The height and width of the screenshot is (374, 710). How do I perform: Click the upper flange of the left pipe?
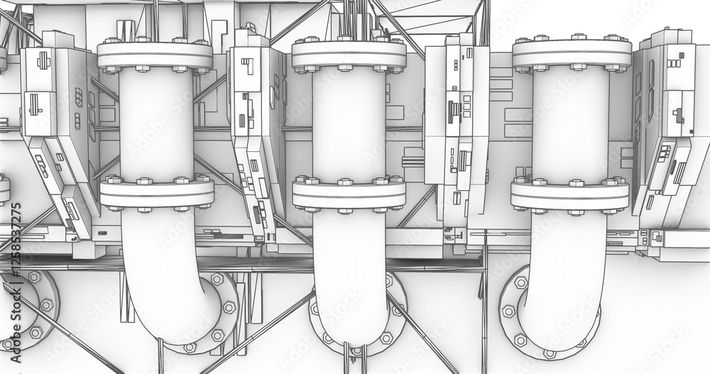point(155,55)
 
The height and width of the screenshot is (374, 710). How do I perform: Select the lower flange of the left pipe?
point(156,193)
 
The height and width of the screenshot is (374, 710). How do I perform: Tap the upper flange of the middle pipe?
point(349,54)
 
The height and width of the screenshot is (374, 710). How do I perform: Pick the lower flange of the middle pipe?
point(349,194)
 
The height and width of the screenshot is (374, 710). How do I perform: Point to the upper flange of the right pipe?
point(572,53)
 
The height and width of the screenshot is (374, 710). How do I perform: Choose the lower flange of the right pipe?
point(570,196)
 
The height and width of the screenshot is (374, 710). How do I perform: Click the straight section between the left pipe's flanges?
point(155,124)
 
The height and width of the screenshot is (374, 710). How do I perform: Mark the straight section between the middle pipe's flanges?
point(349,124)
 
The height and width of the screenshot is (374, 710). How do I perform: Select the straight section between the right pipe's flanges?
point(571,124)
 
